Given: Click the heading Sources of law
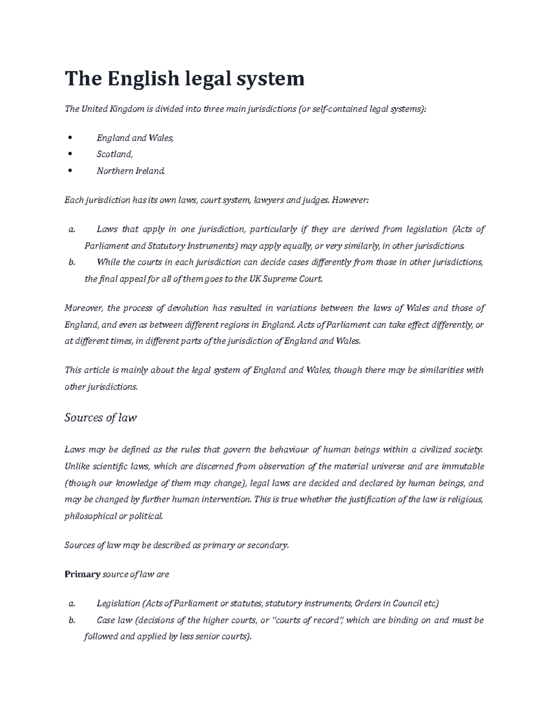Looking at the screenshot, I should [x=101, y=418].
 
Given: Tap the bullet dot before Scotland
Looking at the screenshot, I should [x=70, y=154].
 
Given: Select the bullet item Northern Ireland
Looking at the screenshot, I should [x=130, y=171].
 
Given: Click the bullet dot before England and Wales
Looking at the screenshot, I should [x=70, y=138].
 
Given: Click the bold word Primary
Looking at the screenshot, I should [x=82, y=574].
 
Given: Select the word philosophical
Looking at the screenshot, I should [x=91, y=516].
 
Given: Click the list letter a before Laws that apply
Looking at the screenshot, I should [x=71, y=229].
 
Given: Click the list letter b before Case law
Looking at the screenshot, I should [x=71, y=620].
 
